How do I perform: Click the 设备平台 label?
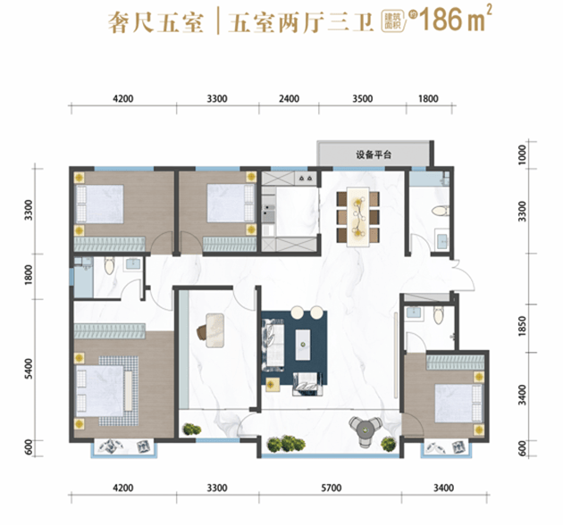375,154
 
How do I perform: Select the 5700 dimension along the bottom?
332,488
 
